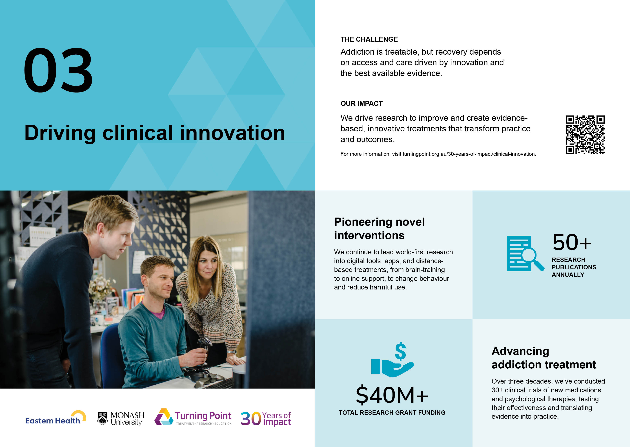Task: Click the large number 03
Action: [x=58, y=70]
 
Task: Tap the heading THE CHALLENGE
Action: [x=369, y=39]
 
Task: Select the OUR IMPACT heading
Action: [x=361, y=103]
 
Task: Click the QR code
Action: [x=585, y=135]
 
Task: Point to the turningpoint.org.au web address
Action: [x=469, y=154]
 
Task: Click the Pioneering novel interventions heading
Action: [x=379, y=228]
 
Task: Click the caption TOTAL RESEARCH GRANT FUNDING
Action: [x=392, y=413]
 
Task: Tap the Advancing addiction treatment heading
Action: [x=544, y=358]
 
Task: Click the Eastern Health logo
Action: [x=56, y=418]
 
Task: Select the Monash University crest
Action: [x=103, y=418]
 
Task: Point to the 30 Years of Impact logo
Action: [x=266, y=419]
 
